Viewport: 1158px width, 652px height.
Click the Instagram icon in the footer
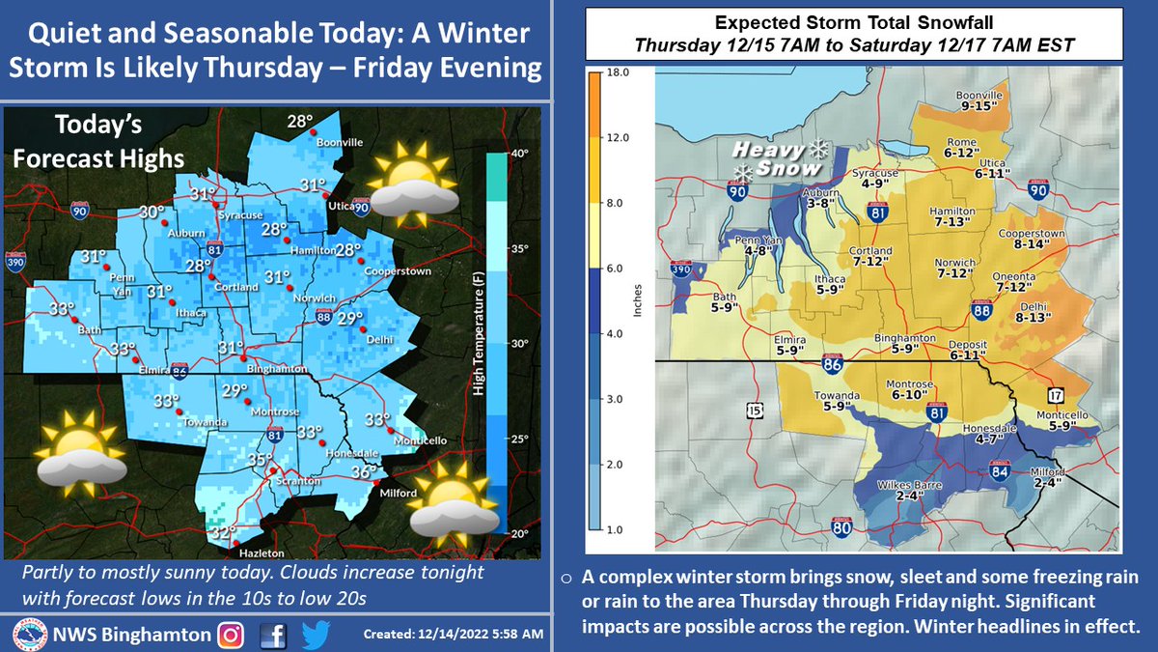pos(231,634)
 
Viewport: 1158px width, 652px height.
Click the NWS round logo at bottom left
pos(29,634)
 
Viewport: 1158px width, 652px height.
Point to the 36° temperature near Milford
pos(363,472)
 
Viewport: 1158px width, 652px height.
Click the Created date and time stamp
pos(454,635)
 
